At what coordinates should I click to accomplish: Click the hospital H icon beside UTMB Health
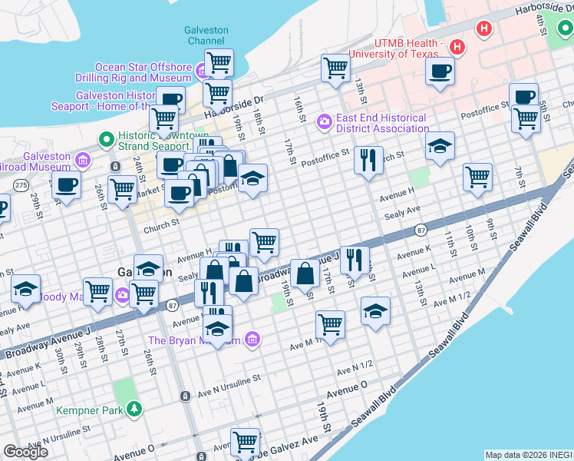coord(457,48)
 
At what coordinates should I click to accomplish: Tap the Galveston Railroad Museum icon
coord(83,161)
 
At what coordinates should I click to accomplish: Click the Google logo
coord(26,452)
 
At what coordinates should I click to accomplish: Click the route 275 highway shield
coord(21,185)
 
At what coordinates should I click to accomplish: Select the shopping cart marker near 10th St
coord(477,177)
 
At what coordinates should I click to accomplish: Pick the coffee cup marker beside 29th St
coord(66,184)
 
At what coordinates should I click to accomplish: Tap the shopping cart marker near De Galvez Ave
coord(245,441)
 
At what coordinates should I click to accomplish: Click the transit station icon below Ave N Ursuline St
coord(185,396)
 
